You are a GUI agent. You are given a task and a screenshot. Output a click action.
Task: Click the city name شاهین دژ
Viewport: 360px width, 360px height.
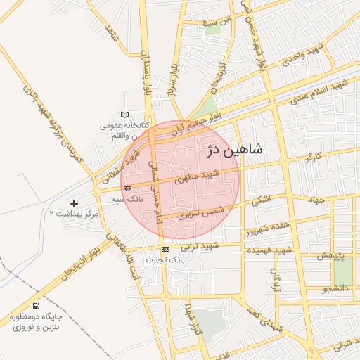click(234, 150)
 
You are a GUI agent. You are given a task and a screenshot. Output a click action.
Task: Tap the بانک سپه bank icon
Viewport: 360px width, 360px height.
click(127, 188)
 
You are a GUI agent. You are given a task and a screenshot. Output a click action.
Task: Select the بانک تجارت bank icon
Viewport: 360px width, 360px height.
click(165, 250)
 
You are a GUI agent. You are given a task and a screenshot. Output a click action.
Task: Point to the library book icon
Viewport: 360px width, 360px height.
click(125, 115)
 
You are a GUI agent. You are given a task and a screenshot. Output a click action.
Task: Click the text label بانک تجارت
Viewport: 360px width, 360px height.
click(165, 260)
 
